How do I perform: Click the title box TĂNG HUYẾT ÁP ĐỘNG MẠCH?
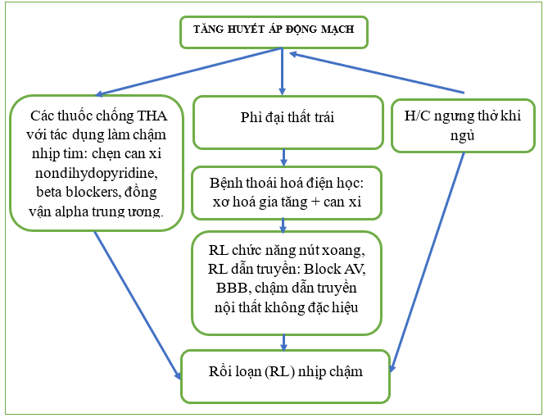[274, 31]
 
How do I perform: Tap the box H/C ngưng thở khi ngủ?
[463, 125]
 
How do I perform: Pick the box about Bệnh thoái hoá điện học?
[286, 193]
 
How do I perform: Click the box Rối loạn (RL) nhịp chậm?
[284, 375]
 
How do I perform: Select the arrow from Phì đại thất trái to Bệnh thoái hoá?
[283, 157]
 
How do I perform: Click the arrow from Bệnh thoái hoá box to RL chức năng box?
[283, 225]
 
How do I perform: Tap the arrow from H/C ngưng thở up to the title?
[377, 72]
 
